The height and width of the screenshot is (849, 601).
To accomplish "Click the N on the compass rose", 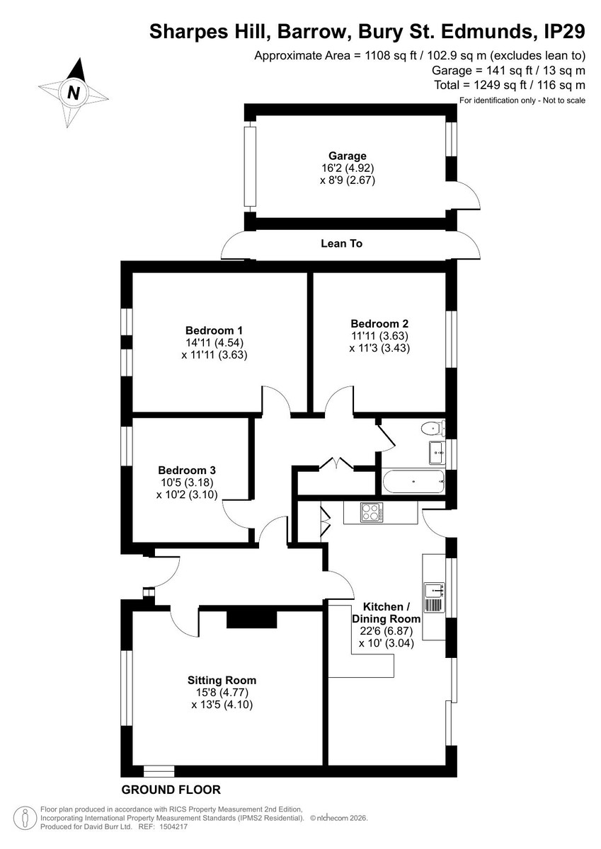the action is (74, 92).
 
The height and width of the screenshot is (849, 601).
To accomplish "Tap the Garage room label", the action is (348, 156).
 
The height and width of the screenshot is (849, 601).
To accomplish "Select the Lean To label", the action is (342, 243).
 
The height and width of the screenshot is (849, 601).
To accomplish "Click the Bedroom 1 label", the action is (214, 330).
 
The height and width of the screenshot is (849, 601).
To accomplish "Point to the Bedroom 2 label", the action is (379, 324).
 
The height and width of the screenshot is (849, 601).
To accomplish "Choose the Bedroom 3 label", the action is (187, 470).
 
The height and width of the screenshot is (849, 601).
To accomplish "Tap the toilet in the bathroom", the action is (433, 429).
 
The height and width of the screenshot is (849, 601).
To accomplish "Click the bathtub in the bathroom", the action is (413, 481).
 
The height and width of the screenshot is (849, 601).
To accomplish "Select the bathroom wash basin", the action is (437, 452).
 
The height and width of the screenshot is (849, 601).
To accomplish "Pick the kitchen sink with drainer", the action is (434, 597).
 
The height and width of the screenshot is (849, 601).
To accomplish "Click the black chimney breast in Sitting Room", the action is (252, 619).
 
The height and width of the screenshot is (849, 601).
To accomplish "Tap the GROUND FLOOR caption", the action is (171, 790).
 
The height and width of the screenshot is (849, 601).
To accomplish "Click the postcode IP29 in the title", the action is (565, 31).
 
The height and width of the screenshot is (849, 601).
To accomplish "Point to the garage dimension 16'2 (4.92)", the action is (348, 168).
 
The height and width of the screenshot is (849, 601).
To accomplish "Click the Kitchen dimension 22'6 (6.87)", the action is (387, 631).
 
